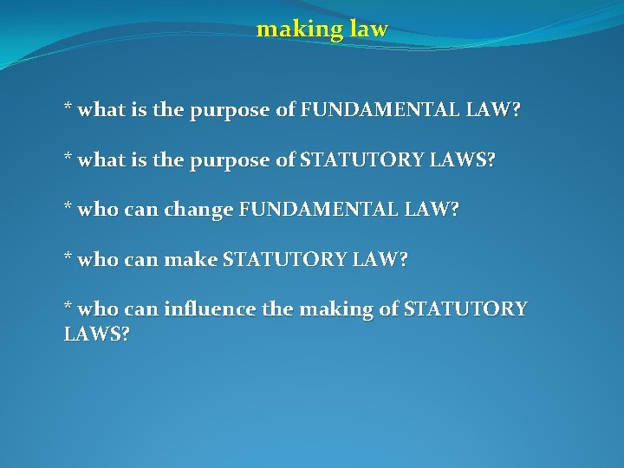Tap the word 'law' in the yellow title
(x=369, y=30)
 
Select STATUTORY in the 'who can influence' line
(x=465, y=309)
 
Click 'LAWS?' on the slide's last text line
(x=97, y=335)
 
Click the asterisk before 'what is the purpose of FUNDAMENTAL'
(x=68, y=109)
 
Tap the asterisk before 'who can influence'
(x=68, y=308)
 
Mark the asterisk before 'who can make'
(x=68, y=258)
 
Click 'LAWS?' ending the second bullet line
(x=469, y=161)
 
